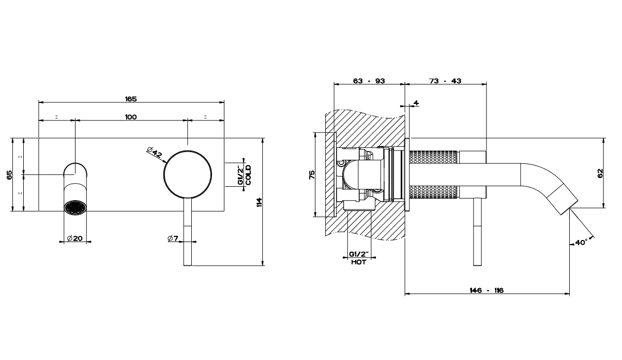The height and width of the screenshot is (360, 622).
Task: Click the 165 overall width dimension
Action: point(130,98)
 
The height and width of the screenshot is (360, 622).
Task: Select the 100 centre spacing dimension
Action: point(131,117)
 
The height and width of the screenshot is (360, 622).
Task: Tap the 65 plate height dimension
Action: point(9,174)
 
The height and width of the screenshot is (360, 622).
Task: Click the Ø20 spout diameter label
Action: point(75,238)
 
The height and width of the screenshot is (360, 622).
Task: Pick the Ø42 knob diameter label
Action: point(155,153)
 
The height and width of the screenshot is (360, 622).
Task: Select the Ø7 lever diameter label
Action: point(173,238)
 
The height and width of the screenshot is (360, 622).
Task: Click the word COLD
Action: point(249,175)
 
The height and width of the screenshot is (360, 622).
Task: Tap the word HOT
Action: point(358,262)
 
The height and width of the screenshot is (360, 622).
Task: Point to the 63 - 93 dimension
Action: point(369,81)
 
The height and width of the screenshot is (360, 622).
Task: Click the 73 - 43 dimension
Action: point(445,81)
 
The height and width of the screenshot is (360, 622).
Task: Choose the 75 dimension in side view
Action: point(311,174)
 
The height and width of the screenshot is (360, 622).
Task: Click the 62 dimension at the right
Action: point(600,173)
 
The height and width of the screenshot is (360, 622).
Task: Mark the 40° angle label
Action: point(581,242)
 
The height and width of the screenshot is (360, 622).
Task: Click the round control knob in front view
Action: point(187,174)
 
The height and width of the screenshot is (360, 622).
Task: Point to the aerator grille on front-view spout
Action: point(75,207)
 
